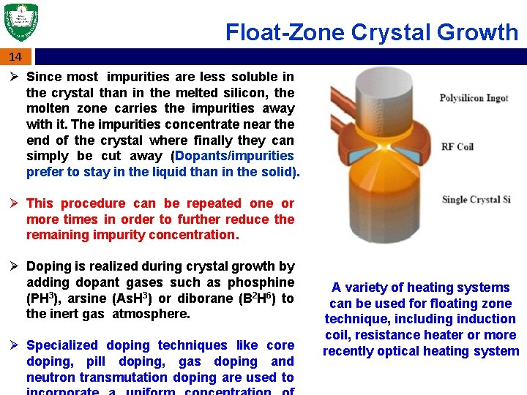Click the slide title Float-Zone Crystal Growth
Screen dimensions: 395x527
[x=371, y=32]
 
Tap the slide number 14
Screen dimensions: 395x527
[x=15, y=57]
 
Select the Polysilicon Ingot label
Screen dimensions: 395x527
[x=474, y=98]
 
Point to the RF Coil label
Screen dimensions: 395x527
[x=457, y=147]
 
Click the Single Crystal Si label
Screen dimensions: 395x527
[x=476, y=200]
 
